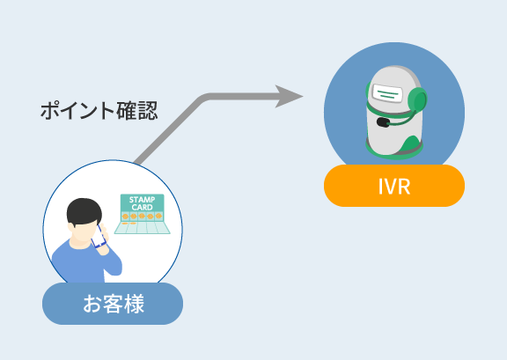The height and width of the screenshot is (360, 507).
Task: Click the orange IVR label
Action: [394, 186]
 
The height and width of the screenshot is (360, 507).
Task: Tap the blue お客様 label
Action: [113, 304]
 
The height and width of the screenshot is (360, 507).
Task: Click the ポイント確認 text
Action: [99, 111]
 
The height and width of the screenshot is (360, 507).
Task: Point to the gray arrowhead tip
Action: [303, 96]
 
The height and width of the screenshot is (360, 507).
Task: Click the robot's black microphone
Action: [383, 122]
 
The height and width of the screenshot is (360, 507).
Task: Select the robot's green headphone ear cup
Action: [417, 100]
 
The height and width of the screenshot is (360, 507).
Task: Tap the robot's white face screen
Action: [387, 93]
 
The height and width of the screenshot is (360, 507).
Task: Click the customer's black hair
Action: [84, 211]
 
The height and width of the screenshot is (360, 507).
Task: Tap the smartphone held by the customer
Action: [99, 237]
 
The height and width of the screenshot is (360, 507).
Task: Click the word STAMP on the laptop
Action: [142, 200]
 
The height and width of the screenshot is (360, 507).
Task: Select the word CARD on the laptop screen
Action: [142, 208]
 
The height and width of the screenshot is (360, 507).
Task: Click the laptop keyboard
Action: [142, 228]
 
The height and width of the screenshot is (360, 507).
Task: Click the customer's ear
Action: [70, 227]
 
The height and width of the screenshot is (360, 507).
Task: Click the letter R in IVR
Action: [405, 187]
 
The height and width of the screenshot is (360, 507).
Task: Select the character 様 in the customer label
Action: [133, 304]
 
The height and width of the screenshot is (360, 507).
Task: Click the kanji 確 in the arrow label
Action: [127, 111]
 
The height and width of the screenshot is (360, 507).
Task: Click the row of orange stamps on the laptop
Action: [142, 216]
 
